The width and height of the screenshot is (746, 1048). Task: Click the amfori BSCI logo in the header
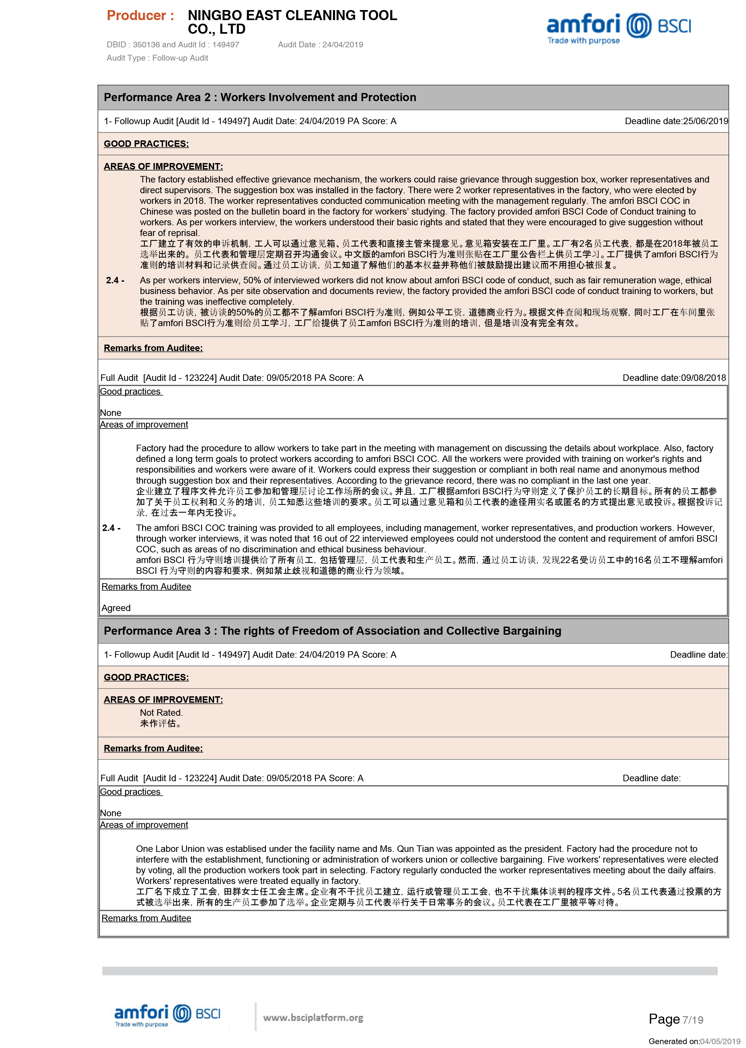tap(618, 28)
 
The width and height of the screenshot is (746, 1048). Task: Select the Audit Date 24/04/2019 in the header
tap(342, 44)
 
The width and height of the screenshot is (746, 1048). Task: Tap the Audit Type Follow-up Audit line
tap(157, 58)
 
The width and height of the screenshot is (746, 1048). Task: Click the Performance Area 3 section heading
tap(332, 631)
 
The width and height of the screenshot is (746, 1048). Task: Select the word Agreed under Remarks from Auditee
tap(116, 608)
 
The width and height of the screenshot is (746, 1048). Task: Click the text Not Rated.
tap(161, 712)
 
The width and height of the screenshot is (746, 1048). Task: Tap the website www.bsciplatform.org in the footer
tap(313, 1018)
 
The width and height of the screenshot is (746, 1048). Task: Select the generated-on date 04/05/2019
tap(720, 1041)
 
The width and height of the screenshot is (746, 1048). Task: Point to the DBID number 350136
tap(146, 44)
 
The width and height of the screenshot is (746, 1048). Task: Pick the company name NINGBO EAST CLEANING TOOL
tap(292, 16)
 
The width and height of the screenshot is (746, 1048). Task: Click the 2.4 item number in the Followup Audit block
tap(115, 280)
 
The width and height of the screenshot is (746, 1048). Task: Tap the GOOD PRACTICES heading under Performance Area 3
tap(146, 677)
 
